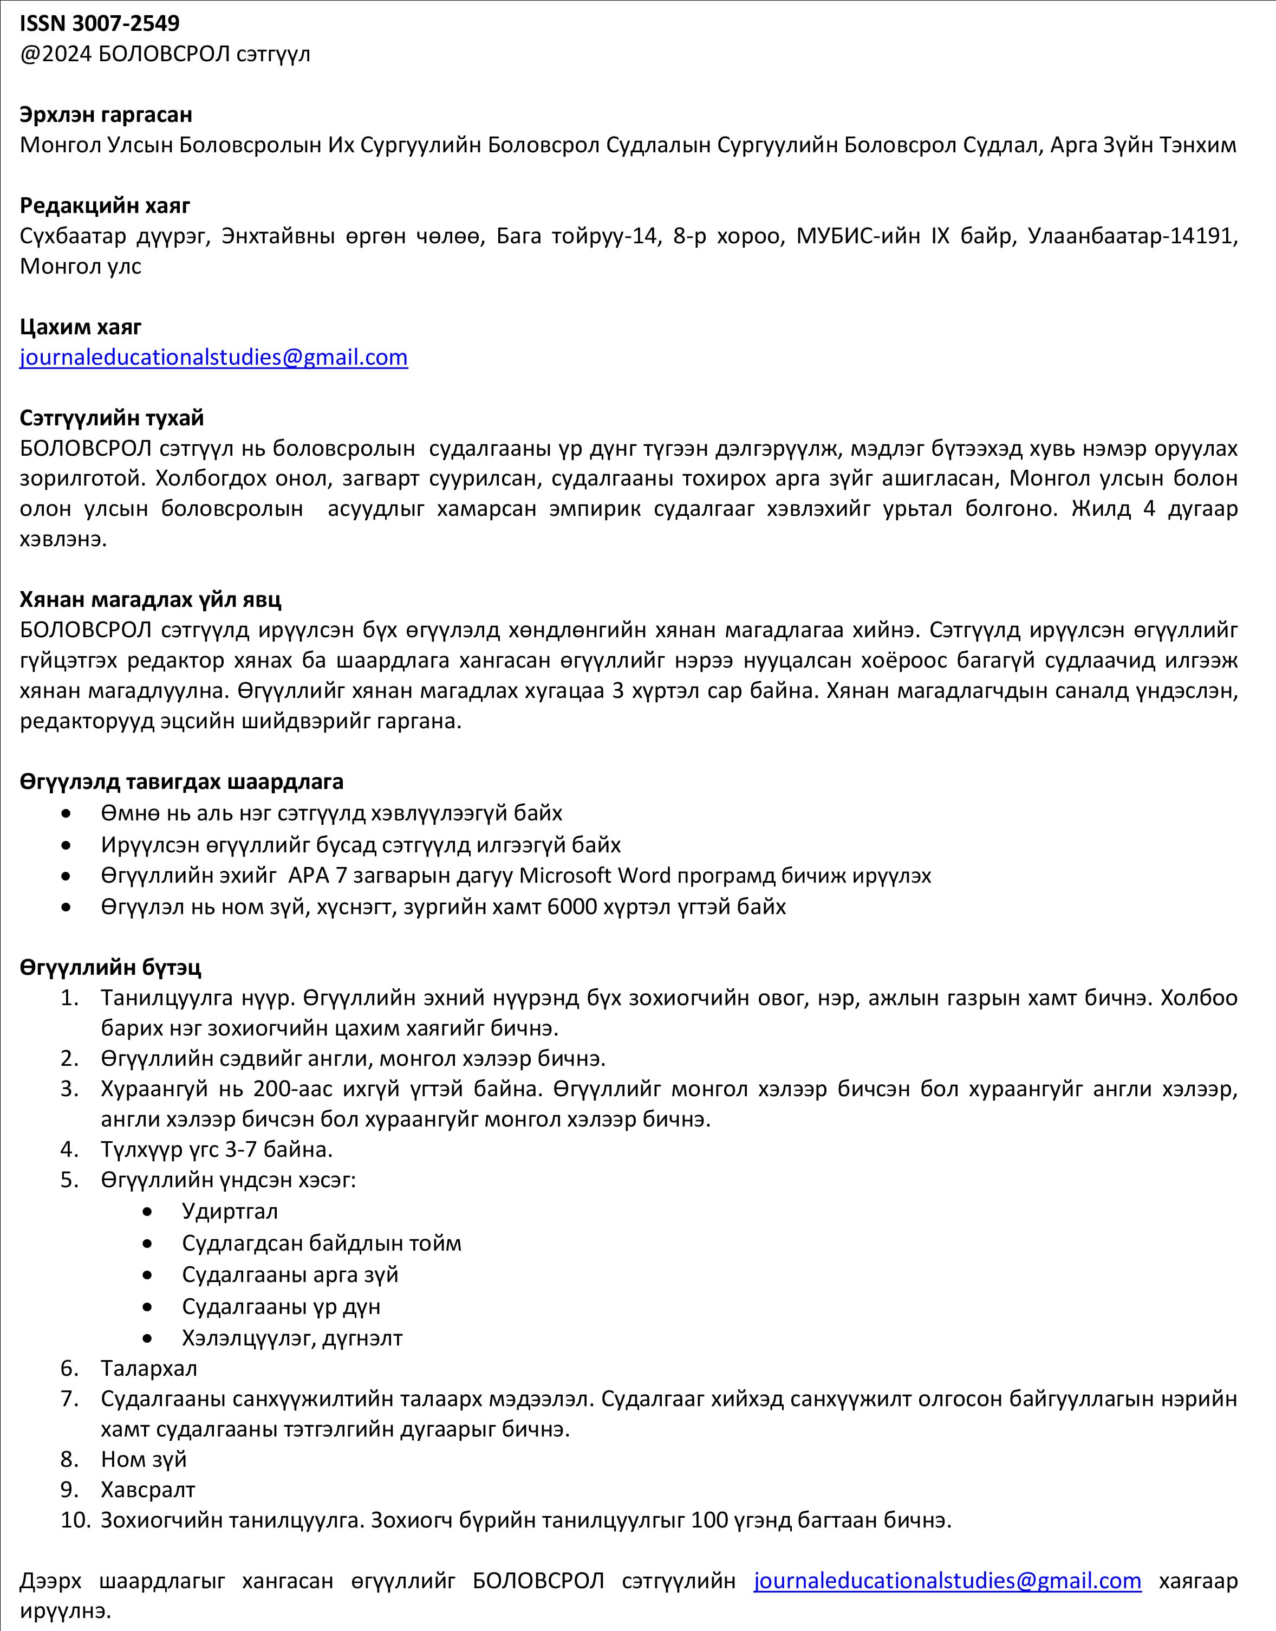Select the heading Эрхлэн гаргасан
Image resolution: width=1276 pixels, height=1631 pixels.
(106, 114)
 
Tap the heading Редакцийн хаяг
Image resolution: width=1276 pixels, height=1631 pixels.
(105, 205)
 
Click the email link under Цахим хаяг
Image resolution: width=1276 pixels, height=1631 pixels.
(214, 357)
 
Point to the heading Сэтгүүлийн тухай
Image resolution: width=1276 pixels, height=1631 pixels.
(112, 417)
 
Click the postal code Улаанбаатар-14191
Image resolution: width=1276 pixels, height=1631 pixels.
(1132, 236)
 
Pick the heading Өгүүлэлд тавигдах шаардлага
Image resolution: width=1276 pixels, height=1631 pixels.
(181, 782)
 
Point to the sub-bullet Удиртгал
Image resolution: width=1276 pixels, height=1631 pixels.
(230, 1211)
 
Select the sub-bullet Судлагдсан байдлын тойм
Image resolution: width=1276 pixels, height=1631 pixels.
(321, 1243)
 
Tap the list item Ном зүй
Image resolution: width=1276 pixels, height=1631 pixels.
(144, 1459)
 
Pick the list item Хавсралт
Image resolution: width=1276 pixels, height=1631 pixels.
(148, 1490)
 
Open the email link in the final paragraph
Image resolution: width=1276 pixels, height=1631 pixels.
(947, 1581)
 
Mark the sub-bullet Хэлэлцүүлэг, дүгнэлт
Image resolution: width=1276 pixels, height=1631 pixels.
(292, 1337)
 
